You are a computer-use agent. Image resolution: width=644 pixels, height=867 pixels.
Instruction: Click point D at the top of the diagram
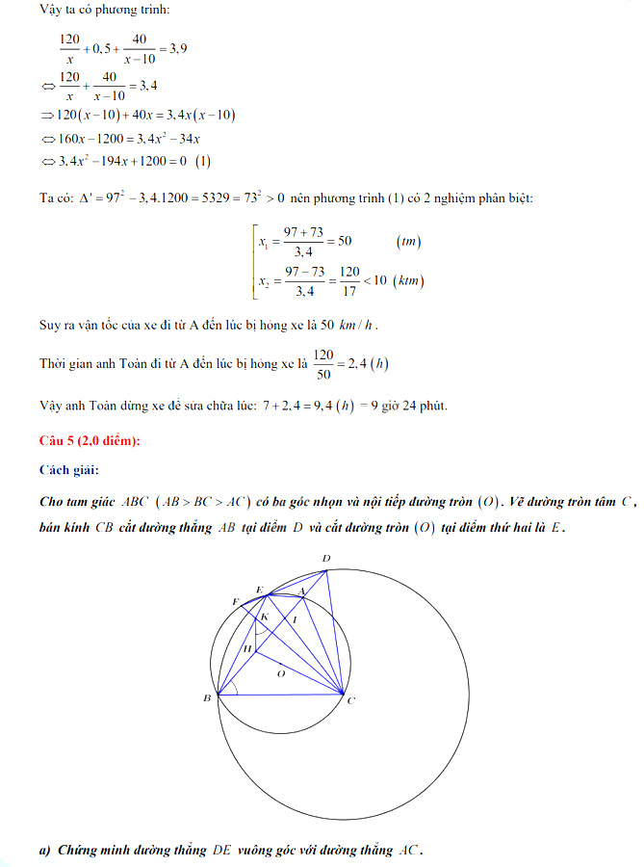tap(326, 559)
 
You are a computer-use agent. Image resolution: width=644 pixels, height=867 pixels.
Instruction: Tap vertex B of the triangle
tap(208, 697)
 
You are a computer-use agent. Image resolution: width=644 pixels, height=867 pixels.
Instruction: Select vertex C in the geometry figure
tap(350, 700)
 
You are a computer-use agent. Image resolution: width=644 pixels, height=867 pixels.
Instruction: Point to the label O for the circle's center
tap(280, 674)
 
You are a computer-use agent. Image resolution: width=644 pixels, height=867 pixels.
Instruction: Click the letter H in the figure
tap(246, 649)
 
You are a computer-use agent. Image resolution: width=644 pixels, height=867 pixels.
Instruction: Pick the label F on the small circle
tap(235, 601)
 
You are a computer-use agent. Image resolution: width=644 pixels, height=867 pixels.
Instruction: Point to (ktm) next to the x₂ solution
tap(410, 280)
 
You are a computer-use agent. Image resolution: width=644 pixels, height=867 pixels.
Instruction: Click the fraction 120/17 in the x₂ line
tap(349, 280)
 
